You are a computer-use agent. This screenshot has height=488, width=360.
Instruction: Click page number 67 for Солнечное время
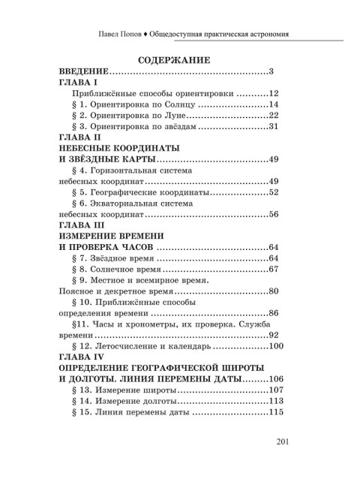coord(273,269)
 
